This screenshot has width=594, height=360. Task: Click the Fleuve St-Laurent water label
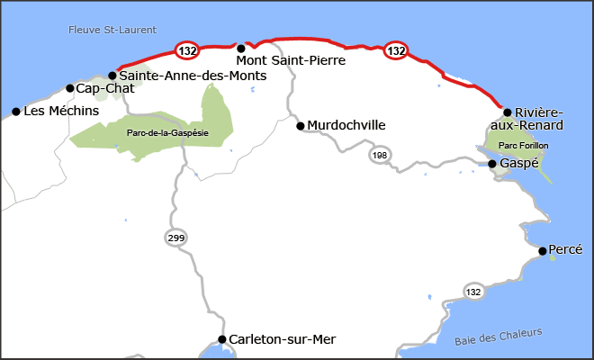(x=112, y=30)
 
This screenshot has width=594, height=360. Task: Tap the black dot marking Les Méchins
(x=16, y=112)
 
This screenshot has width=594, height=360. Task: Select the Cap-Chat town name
(x=105, y=88)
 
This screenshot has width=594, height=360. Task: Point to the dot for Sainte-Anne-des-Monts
(x=112, y=76)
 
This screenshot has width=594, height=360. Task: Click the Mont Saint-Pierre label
(x=288, y=60)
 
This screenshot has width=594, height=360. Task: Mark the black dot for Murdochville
(x=301, y=126)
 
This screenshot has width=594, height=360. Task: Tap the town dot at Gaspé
(x=492, y=164)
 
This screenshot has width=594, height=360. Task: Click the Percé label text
(x=566, y=249)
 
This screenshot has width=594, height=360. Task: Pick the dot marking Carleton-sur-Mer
(x=222, y=339)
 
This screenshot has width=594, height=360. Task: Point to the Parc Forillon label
(x=523, y=145)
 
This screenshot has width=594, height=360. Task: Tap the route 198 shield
(x=378, y=157)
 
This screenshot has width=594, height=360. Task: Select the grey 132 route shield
(x=474, y=292)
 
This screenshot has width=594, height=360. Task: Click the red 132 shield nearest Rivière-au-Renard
(x=396, y=50)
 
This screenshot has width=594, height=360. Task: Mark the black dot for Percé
(x=543, y=251)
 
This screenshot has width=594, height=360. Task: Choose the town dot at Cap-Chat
(x=70, y=88)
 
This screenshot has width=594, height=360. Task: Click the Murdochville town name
(x=346, y=125)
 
